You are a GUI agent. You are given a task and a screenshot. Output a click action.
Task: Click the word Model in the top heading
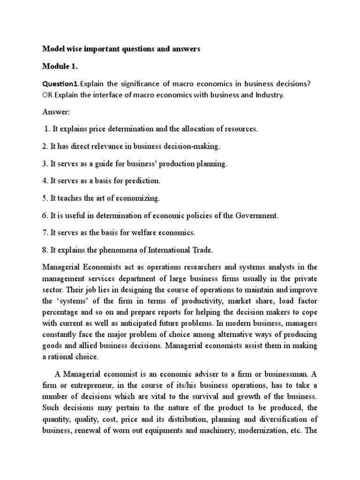[54, 49]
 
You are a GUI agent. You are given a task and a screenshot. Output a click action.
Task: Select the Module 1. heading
[60, 67]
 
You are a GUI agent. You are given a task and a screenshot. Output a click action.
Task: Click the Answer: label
[55, 112]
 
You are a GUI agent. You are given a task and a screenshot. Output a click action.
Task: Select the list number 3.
[45, 164]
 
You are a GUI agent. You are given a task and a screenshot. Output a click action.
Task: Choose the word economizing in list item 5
[136, 198]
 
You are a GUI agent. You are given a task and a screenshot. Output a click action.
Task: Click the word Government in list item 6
[255, 215]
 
